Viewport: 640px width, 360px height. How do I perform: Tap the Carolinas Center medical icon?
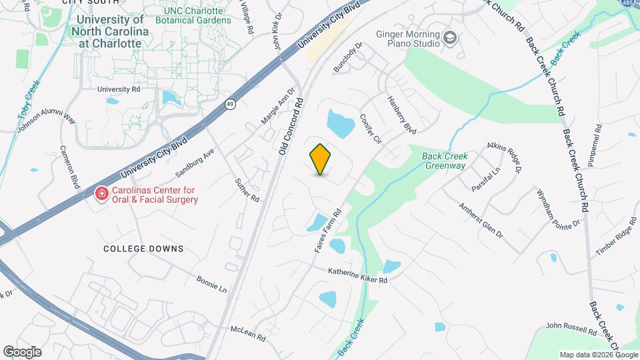tap(102, 193)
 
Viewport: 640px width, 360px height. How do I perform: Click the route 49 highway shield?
tap(230, 104)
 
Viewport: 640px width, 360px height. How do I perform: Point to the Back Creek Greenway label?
tap(445, 161)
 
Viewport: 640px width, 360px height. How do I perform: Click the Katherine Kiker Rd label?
tap(357, 276)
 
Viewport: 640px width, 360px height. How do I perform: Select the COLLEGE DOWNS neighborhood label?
tap(143, 249)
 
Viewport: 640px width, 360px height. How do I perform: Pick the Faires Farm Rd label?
tap(328, 231)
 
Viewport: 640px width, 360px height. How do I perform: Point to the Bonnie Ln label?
tap(212, 283)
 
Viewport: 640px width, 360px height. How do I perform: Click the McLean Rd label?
tap(248, 333)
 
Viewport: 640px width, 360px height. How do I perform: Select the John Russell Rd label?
tap(571, 328)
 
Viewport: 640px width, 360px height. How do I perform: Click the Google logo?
tap(22, 351)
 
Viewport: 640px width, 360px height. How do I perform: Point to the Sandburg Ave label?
tap(195, 162)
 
